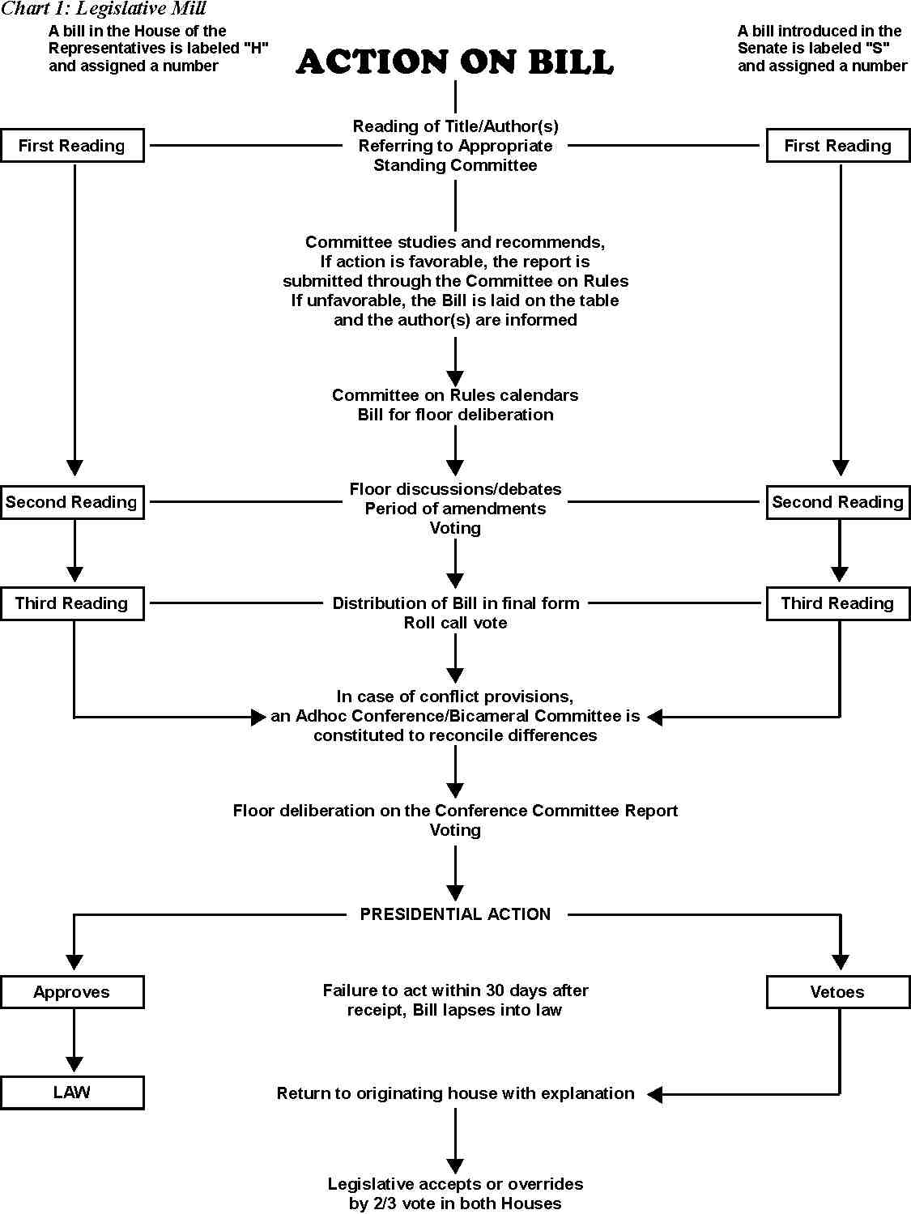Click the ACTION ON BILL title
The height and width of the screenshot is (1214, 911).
(x=455, y=61)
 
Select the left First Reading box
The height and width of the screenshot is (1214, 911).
(x=72, y=146)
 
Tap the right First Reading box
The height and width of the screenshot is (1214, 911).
(x=838, y=146)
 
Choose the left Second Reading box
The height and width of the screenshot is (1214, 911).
(x=72, y=502)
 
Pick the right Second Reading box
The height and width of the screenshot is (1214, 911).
(x=838, y=502)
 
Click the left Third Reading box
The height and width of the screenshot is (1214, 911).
(x=72, y=603)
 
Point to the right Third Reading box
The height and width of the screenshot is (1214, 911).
(x=838, y=603)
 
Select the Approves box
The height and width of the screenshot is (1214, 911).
(x=72, y=992)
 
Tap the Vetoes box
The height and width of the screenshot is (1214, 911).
(x=838, y=992)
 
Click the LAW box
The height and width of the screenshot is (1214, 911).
(x=72, y=1093)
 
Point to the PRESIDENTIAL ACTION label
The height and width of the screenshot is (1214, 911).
(x=455, y=914)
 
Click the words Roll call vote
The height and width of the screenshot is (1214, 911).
(x=455, y=623)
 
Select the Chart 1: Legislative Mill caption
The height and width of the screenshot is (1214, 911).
(x=104, y=8)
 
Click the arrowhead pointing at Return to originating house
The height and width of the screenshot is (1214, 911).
(x=654, y=1094)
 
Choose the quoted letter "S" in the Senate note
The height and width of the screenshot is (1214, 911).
(x=877, y=48)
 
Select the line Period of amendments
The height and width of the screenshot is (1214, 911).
(x=455, y=509)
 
